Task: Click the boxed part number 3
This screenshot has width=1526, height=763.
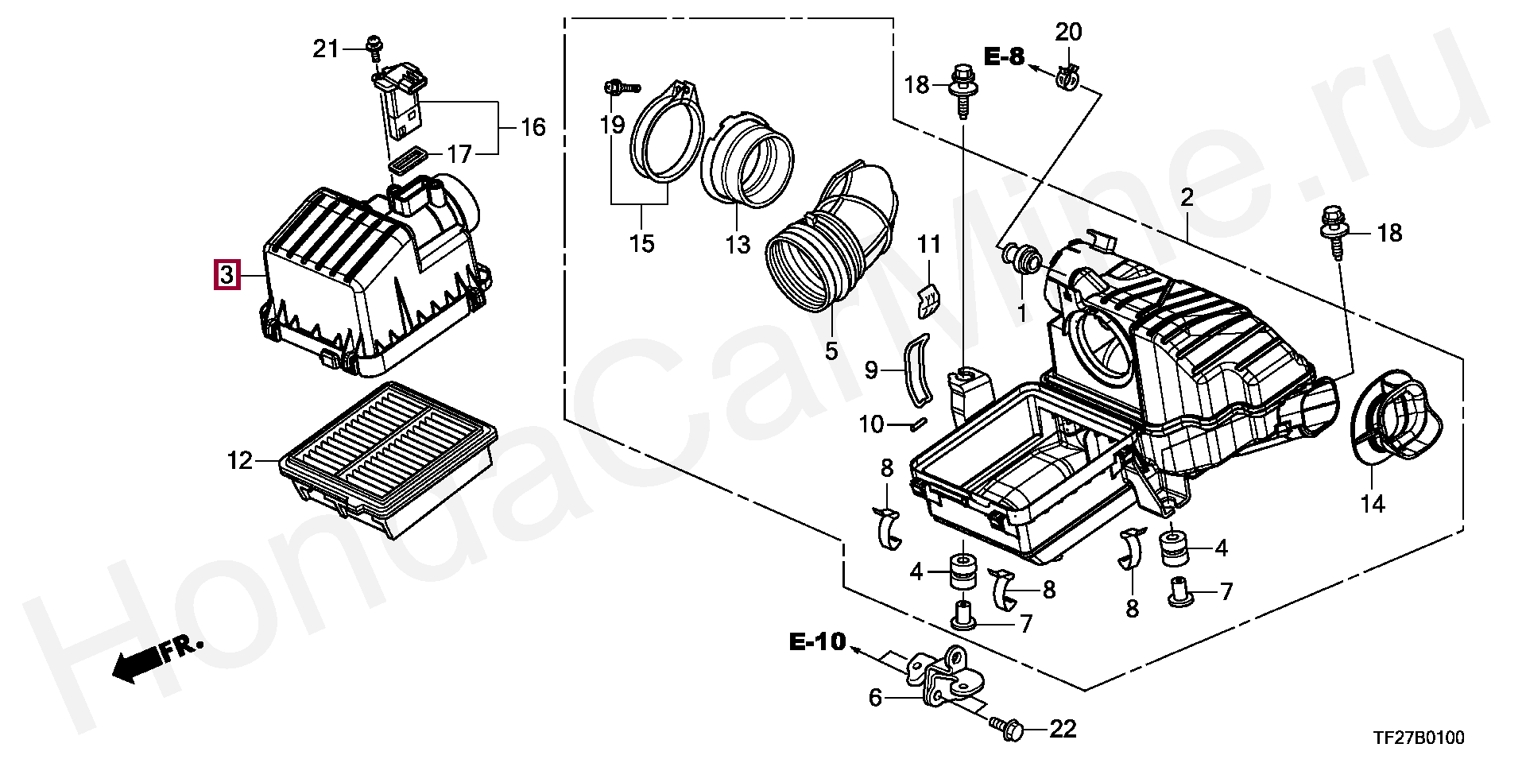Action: [x=227, y=275]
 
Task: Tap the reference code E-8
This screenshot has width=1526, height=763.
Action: [x=1005, y=56]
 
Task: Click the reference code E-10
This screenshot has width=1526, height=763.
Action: [x=818, y=641]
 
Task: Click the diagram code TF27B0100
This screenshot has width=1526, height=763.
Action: [x=1419, y=738]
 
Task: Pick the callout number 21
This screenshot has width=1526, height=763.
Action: [x=325, y=49]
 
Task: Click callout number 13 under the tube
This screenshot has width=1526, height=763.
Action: [x=737, y=244]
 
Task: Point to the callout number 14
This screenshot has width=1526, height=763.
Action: [x=1372, y=504]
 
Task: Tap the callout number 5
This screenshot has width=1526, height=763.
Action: [x=831, y=351]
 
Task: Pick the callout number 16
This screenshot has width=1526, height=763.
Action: [x=533, y=127]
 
